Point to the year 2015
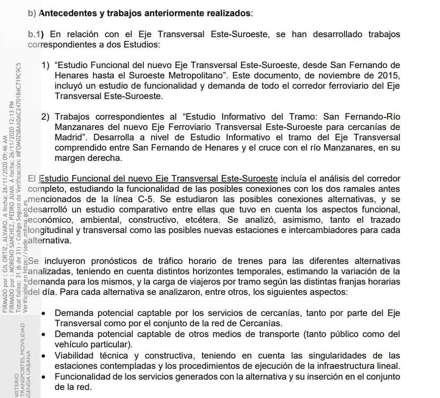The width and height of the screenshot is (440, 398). coord(388,76)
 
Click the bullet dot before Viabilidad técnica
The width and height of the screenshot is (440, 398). coord(43,356)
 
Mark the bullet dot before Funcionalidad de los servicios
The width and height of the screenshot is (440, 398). coord(43,377)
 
